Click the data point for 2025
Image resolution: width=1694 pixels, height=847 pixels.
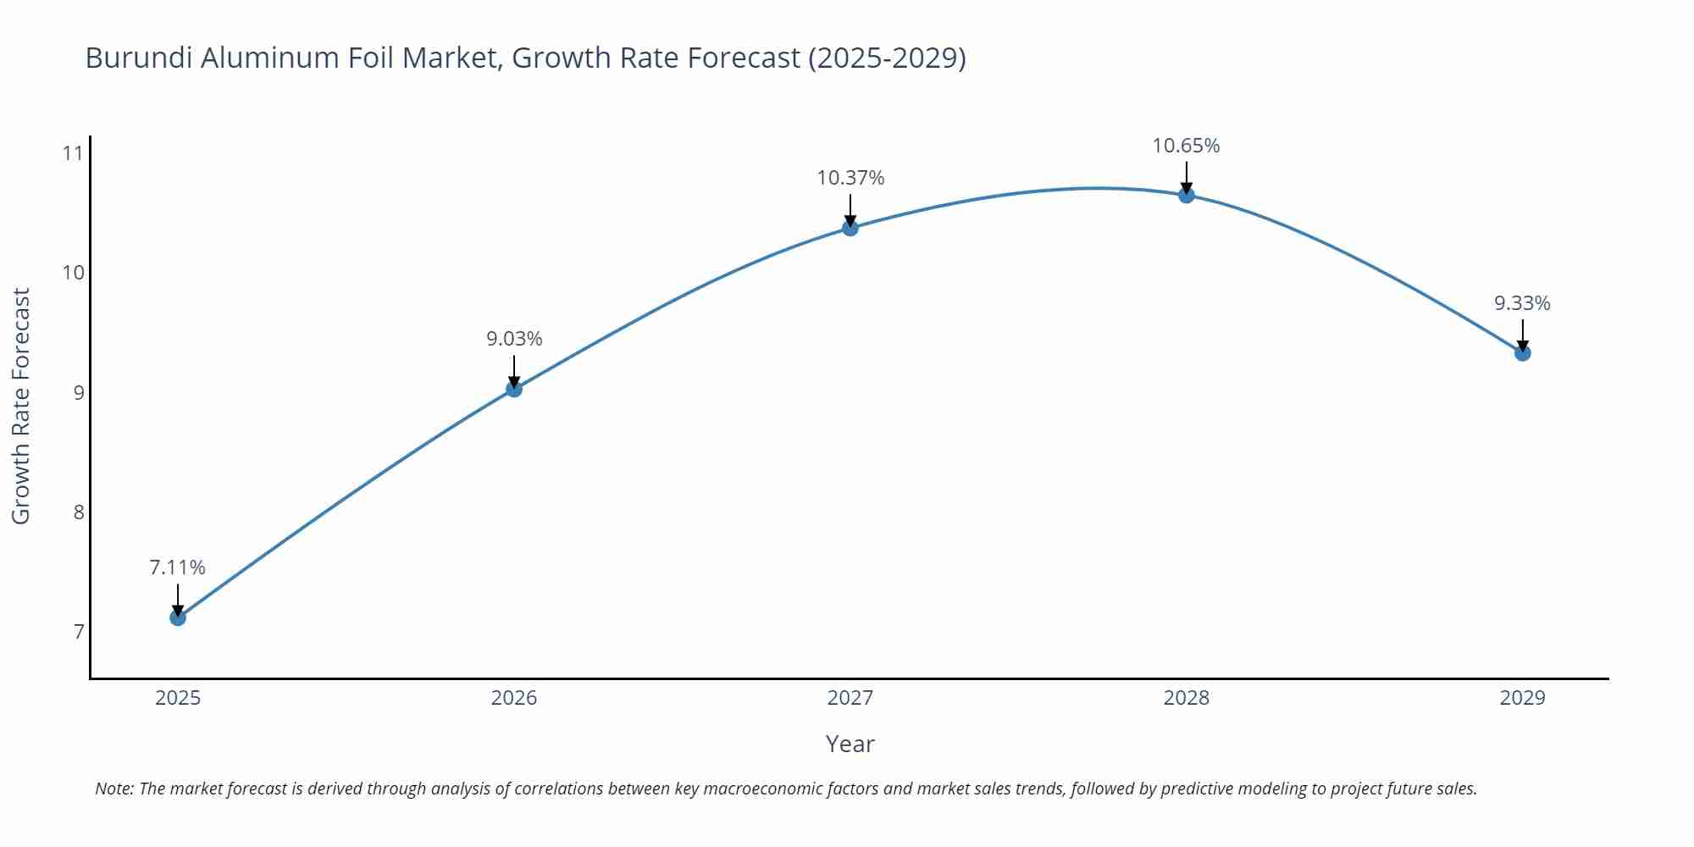pos(178,617)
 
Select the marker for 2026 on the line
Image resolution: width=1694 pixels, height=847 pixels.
pos(514,389)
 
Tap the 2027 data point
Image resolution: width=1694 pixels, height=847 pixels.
pos(850,227)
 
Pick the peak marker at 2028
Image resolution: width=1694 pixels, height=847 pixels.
pos(1187,195)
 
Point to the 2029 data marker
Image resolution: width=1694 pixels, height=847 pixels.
pos(1522,352)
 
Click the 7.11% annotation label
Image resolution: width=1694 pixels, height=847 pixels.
pos(178,567)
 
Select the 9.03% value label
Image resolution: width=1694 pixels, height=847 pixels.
pos(514,339)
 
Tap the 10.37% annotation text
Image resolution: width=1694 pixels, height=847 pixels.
pos(850,178)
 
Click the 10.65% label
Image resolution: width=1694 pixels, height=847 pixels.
pos(1186,146)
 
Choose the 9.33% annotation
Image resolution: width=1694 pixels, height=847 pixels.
pos(1522,303)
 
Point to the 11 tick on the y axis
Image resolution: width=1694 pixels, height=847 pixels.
pos(73,153)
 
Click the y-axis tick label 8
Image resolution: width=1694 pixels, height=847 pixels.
pos(78,512)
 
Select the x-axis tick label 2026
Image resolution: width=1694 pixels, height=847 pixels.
pos(514,698)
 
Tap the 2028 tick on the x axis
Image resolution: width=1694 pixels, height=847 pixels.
pos(1187,698)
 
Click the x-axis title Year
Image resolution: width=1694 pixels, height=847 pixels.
pos(850,744)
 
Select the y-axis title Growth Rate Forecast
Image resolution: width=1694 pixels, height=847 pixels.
pos(21,406)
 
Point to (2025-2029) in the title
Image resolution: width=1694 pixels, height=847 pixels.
pos(887,58)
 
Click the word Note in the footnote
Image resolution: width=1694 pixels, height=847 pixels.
pos(113,789)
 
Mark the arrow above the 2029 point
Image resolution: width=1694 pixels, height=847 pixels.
pos(1522,335)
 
